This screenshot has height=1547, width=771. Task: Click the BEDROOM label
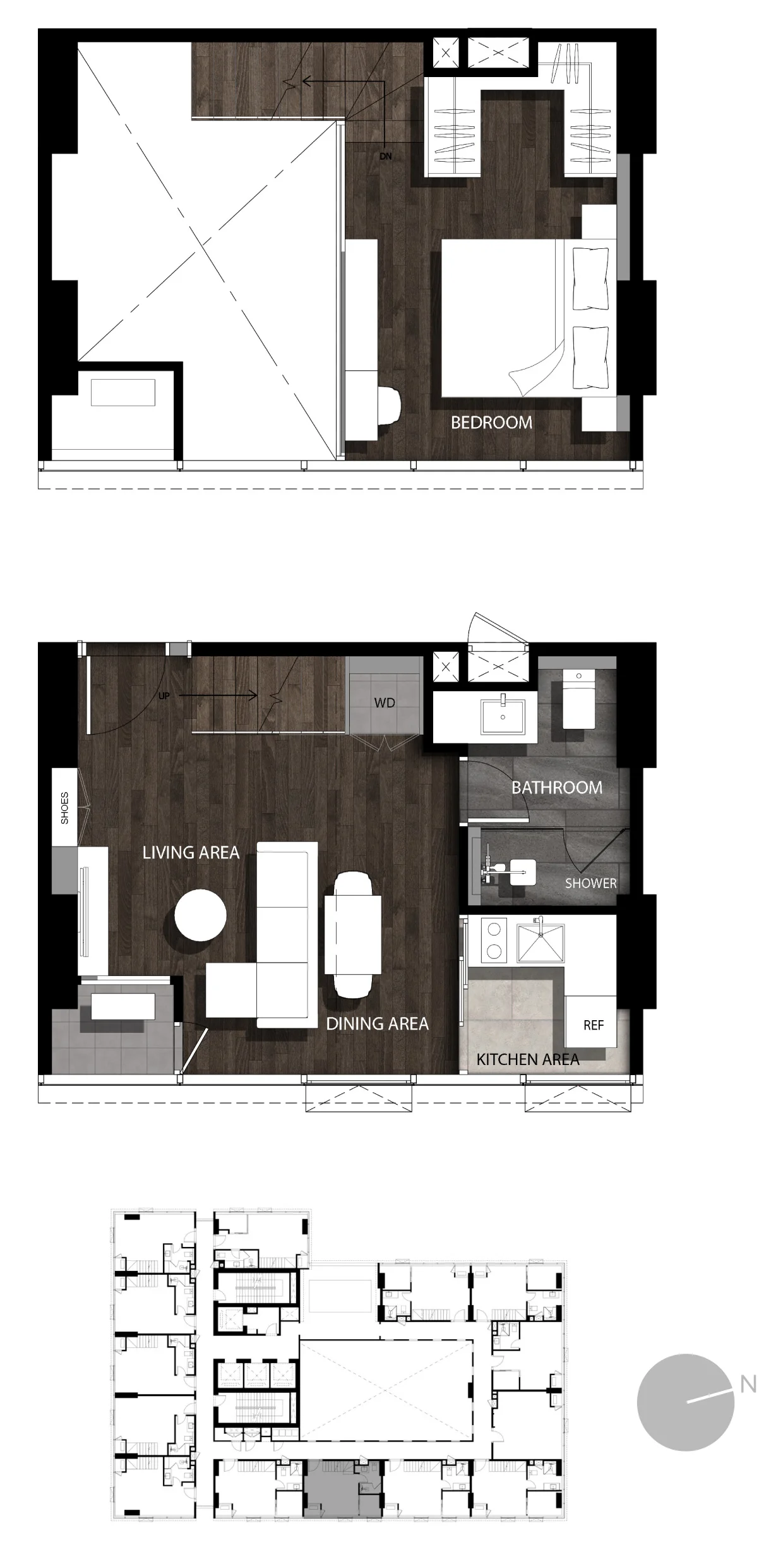point(491,423)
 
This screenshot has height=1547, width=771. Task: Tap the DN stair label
point(385,156)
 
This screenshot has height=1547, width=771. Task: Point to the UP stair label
point(164,696)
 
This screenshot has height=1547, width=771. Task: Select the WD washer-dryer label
point(385,702)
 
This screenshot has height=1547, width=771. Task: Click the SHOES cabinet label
point(64,808)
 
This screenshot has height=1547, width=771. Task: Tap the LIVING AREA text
point(191,853)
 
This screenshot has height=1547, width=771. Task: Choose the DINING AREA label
point(377,1023)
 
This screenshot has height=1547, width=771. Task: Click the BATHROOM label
point(557,788)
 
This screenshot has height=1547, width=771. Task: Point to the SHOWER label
point(590,883)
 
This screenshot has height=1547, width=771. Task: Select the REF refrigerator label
point(594,1025)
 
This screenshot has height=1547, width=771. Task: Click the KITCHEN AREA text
point(528,1059)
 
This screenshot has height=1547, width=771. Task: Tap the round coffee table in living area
point(200,915)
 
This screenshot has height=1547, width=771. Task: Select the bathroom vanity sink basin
point(503,716)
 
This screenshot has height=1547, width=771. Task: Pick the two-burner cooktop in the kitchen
point(494,940)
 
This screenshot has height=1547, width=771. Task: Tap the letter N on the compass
point(748,1385)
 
